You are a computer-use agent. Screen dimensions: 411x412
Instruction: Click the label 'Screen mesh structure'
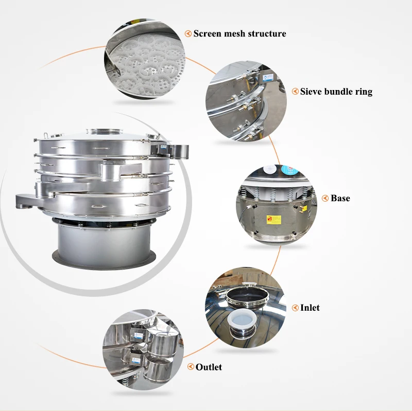tap(239, 34)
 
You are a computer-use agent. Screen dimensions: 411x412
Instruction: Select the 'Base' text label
tap(340, 198)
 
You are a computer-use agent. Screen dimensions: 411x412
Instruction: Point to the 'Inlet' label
tap(310, 308)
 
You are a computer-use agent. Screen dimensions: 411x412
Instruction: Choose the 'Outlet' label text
tap(209, 367)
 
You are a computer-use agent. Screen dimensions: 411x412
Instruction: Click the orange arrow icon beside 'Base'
tap(325, 198)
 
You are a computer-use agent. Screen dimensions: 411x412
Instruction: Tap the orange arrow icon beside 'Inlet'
tap(296, 308)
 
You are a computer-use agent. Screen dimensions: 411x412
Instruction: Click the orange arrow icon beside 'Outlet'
tap(190, 367)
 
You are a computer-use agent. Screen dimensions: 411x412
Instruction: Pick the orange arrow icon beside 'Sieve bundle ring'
tap(295, 92)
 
